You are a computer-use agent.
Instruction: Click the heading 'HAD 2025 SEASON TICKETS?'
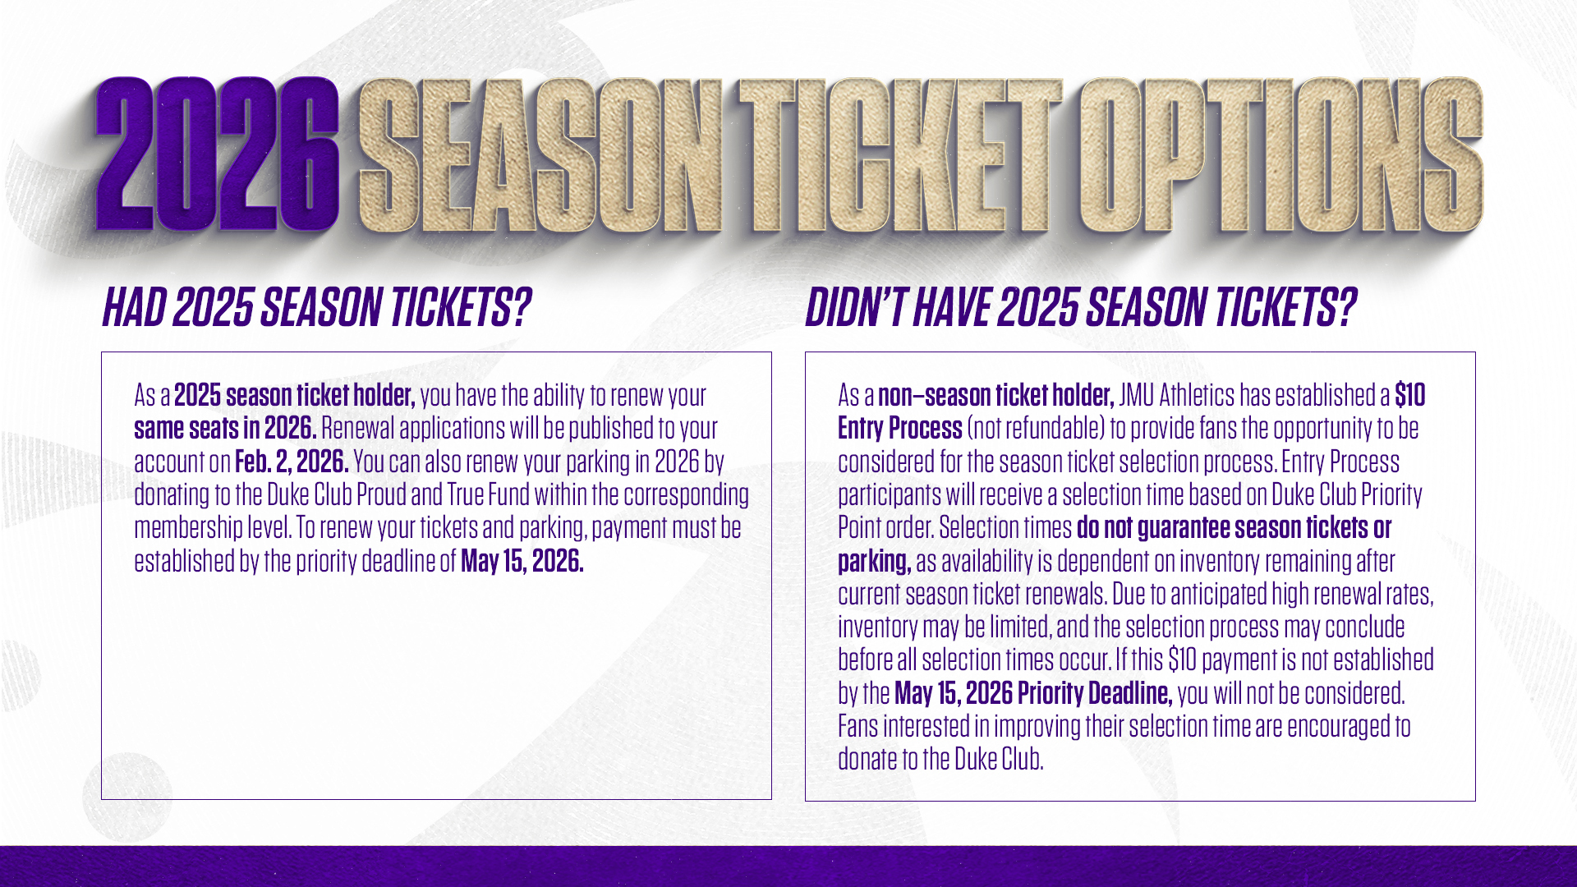coord(316,308)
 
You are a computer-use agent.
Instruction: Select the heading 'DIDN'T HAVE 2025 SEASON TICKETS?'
coord(1081,308)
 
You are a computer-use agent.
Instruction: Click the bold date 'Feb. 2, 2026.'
coord(292,462)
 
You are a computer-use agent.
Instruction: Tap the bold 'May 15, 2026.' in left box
coord(522,561)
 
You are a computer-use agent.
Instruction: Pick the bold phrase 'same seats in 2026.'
coord(226,429)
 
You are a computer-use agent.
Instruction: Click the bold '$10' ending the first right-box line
coord(1410,395)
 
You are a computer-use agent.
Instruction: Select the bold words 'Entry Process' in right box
coord(899,429)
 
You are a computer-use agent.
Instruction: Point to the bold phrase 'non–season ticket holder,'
coord(995,395)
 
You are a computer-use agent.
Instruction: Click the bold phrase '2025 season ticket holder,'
coord(294,395)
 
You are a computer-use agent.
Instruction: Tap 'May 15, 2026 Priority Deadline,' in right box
coord(1033,694)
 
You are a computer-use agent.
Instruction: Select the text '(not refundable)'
coord(1036,429)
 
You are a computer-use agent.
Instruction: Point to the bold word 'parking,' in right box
coord(875,562)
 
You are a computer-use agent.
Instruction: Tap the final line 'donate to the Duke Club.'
coord(940,760)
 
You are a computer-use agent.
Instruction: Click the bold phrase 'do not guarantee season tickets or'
coord(1234,528)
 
